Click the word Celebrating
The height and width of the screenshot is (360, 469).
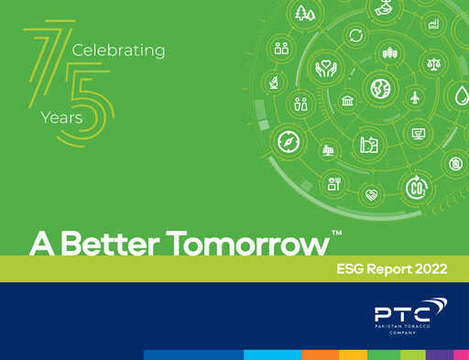pyautogui.click(x=118, y=49)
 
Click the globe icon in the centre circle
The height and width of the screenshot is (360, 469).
pyautogui.click(x=379, y=89)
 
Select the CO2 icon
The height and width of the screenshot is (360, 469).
pyautogui.click(x=417, y=187)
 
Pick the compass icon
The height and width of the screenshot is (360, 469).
pyautogui.click(x=289, y=142)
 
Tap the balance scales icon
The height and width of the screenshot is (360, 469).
pyautogui.click(x=433, y=64)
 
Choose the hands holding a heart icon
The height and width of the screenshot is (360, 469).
pyautogui.click(x=326, y=68)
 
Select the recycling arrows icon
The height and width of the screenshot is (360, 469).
pyautogui.click(x=355, y=36)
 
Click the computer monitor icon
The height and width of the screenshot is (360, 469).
pyautogui.click(x=419, y=135)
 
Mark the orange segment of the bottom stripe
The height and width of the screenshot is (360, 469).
pyautogui.click(x=321, y=355)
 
